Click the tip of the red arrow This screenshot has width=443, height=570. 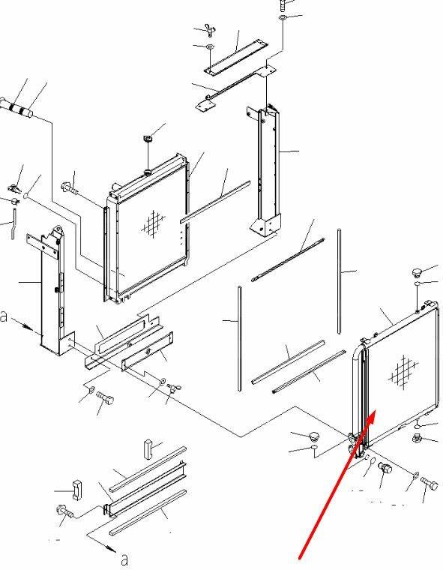coord(376,411)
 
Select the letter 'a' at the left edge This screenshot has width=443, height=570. coord(4,316)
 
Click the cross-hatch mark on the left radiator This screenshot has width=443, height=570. coord(153,224)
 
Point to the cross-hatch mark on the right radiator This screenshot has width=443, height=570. coord(403,370)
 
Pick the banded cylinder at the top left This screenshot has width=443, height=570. coord(16,108)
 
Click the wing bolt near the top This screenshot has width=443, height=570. coord(210,30)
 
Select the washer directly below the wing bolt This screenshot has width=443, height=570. coord(210,46)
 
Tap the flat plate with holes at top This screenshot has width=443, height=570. coord(236,58)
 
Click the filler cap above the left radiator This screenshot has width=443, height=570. coord(148,138)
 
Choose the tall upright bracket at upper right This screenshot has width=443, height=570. coord(266,171)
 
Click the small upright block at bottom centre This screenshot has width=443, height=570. coord(148,450)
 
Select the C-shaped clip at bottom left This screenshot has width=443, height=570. coord(77,490)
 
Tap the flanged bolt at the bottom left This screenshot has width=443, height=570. coord(64,511)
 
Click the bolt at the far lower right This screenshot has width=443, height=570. coord(430,484)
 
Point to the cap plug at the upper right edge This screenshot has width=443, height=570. coord(417,272)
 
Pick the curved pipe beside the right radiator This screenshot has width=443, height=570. coord(358,396)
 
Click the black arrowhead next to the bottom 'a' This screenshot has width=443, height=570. coord(110,547)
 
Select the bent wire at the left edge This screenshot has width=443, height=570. coord(13,223)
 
